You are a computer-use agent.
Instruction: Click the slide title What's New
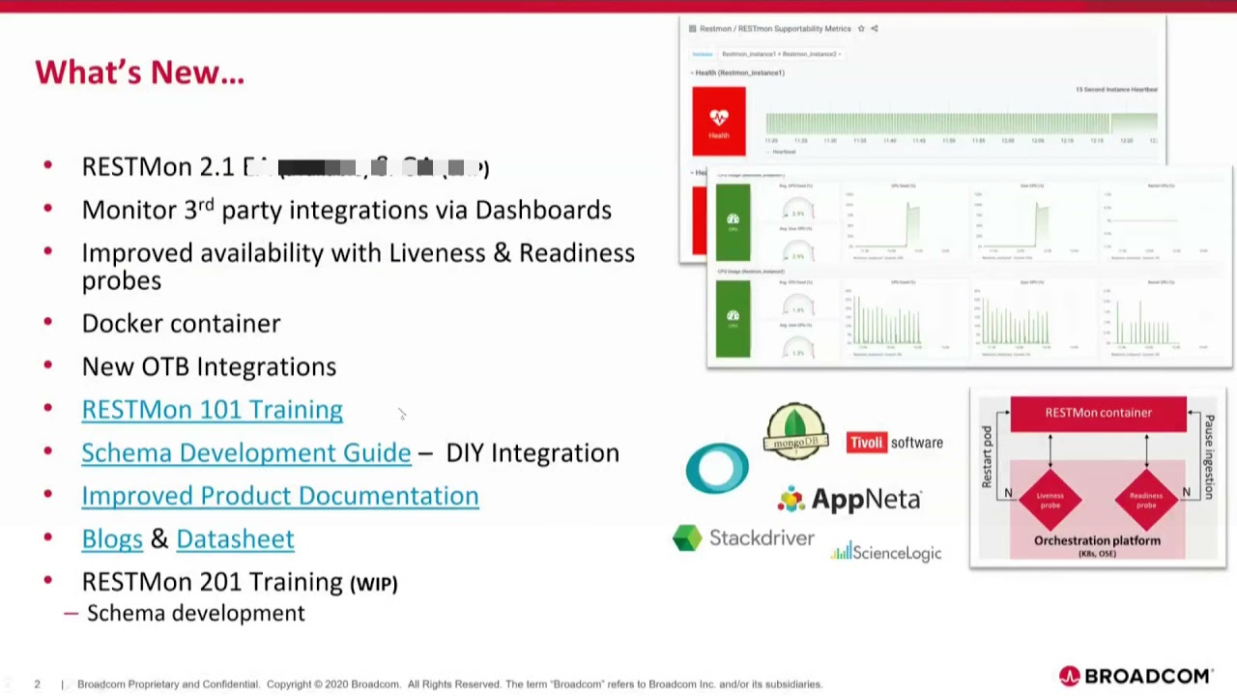140,72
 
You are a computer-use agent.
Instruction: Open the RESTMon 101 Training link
212,410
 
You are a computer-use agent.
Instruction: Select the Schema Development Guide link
245,452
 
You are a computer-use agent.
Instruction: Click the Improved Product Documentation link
279,496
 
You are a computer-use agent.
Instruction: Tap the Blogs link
112,538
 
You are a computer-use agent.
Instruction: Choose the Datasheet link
235,538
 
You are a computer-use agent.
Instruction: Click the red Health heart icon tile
719,121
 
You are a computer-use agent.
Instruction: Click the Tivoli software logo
894,443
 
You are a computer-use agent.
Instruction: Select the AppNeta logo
849,499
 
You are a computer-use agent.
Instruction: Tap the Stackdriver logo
743,538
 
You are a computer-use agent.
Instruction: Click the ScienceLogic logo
885,552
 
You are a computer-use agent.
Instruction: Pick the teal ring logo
717,468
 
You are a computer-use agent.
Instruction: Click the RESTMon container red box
1098,413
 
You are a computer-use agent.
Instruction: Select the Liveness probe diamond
1050,499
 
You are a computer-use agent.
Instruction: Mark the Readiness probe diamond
1145,499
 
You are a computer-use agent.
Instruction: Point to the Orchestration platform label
1097,541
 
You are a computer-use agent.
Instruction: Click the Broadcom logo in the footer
1136,676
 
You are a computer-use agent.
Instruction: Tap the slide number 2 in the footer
38,684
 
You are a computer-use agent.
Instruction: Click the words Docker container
181,324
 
